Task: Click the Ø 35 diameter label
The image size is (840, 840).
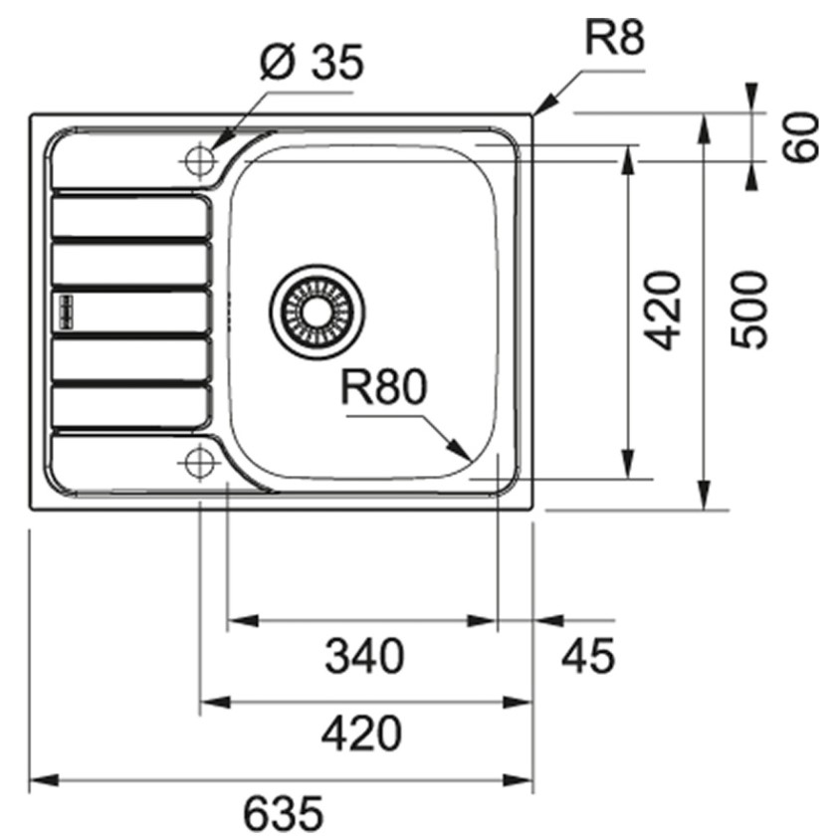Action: [x=311, y=62]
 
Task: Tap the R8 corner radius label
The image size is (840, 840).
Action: [x=614, y=39]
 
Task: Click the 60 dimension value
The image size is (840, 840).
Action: [x=800, y=136]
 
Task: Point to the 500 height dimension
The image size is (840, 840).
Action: [x=748, y=311]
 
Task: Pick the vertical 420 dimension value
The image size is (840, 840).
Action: [x=662, y=311]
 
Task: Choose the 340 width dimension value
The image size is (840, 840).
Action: [x=364, y=656]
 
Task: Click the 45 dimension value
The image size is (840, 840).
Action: [x=588, y=656]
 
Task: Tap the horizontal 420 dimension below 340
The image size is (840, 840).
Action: [x=361, y=733]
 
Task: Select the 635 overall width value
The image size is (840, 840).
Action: [x=284, y=812]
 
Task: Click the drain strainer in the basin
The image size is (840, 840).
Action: [x=317, y=311]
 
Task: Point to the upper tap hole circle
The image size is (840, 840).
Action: [x=199, y=160]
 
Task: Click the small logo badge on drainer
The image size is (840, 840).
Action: [x=66, y=311]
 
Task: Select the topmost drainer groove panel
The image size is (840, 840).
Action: [x=131, y=216]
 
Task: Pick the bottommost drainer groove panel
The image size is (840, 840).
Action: [x=131, y=406]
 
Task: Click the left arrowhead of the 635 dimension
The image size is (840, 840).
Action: [x=44, y=780]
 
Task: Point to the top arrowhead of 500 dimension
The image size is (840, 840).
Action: [x=705, y=129]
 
